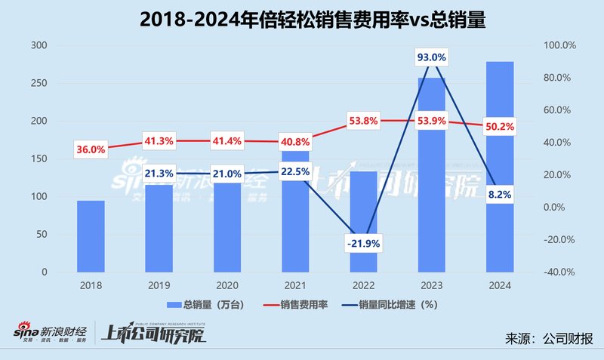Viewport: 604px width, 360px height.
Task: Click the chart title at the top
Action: tap(302, 21)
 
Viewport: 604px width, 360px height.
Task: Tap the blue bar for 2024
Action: tap(500, 166)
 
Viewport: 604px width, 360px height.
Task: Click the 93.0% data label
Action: tap(431, 57)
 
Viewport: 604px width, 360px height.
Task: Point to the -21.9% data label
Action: tap(363, 242)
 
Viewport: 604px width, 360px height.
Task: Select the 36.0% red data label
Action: tap(91, 149)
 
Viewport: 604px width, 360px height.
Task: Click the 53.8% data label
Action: tap(363, 120)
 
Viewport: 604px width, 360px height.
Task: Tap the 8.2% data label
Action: tap(500, 194)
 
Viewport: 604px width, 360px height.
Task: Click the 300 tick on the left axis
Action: tap(39, 46)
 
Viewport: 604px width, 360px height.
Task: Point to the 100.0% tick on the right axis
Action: tap(559, 46)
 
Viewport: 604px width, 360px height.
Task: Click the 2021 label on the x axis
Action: tap(295, 286)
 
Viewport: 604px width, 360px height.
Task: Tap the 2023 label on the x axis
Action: tap(431, 286)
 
